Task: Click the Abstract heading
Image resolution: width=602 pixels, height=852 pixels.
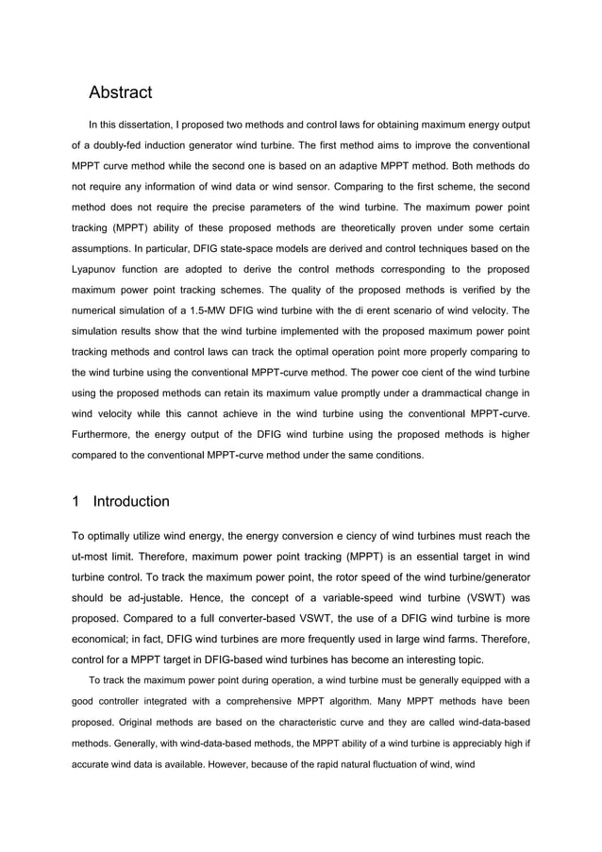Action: (120, 92)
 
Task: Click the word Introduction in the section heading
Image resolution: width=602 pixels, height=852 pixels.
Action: (131, 501)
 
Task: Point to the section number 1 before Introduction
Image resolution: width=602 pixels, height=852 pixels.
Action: (76, 501)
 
